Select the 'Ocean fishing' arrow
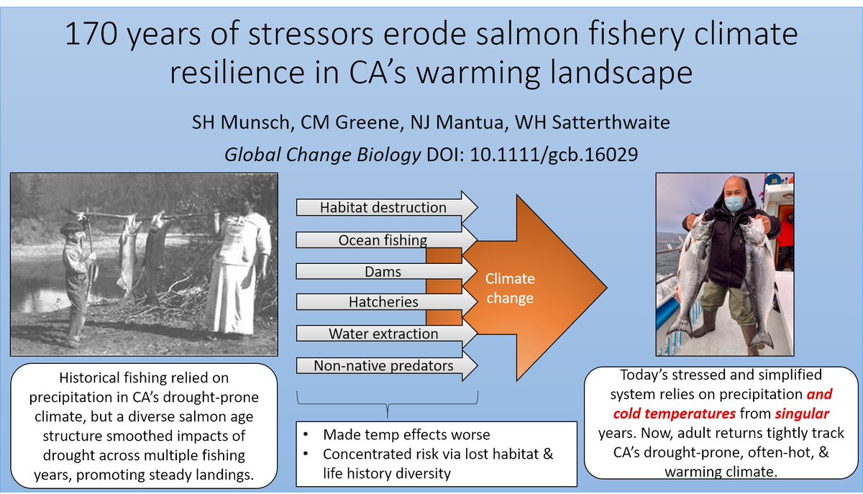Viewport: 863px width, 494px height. click(x=383, y=239)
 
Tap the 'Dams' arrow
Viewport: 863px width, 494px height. click(x=383, y=272)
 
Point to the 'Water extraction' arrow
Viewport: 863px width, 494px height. click(x=383, y=334)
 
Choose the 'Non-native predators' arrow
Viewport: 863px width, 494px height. click(x=383, y=365)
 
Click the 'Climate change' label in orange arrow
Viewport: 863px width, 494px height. click(x=509, y=288)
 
